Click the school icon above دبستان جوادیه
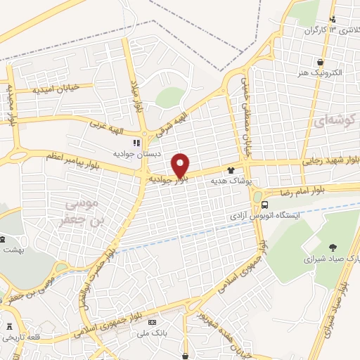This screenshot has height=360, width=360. pyautogui.click(x=136, y=143)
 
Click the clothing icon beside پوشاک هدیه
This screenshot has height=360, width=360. pyautogui.click(x=230, y=170)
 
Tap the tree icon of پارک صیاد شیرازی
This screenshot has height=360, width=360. pyautogui.click(x=332, y=246)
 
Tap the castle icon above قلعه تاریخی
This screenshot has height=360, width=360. pyautogui.click(x=9, y=327)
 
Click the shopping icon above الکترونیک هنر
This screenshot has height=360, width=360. pyautogui.click(x=321, y=61)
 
